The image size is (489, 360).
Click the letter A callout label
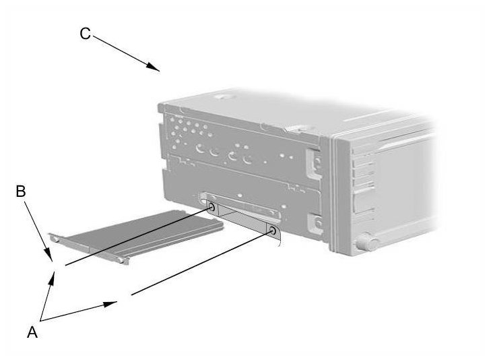[32, 332]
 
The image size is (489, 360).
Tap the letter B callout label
[21, 191]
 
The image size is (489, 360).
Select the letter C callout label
[85, 34]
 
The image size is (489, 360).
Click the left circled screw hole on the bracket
[211, 207]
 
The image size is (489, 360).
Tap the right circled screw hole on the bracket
[273, 231]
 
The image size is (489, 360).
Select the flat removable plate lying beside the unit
[136, 236]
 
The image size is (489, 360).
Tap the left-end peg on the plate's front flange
[55, 239]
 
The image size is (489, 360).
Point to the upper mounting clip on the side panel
[315, 163]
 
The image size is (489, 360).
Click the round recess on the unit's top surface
[224, 96]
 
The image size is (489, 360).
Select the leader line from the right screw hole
[202, 263]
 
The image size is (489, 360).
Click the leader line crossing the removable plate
[138, 237]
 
